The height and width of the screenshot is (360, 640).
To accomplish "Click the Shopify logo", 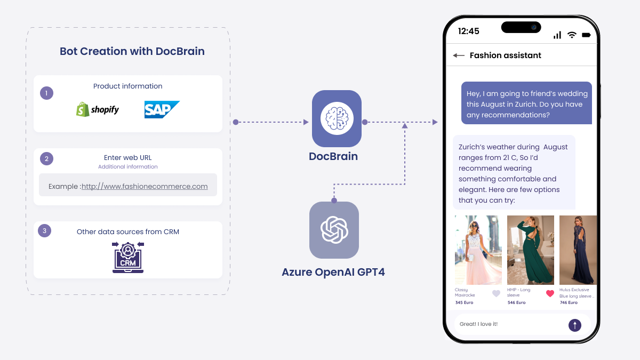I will pos(98,109).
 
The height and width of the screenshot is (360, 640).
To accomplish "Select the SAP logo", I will pos(162,109).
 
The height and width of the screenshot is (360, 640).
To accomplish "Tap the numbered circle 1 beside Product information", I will pos(46,93).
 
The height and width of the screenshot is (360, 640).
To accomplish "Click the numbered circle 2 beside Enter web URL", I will pos(46,158).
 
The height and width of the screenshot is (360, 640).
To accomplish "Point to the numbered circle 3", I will pos(45,231).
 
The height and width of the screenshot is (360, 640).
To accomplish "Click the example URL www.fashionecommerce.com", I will pos(145,186).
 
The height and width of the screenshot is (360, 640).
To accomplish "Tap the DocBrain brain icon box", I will pos(337,118).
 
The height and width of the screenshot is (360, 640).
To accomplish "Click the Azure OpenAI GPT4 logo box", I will pos(334,230).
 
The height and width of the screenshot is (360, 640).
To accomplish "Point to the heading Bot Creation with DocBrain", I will pos(132,51).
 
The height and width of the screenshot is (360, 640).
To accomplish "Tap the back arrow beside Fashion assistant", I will pos(459,55).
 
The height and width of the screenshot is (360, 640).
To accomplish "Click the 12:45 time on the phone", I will pos(468,31).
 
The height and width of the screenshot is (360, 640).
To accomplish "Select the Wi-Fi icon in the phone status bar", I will pos(572,35).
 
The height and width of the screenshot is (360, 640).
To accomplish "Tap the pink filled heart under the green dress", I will pos(550,293).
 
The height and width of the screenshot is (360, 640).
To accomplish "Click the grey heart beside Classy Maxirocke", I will pos(496,293).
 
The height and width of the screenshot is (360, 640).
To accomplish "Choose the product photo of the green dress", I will pos(530,250).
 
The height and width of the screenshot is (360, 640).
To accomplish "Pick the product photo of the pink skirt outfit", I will pos(478,250).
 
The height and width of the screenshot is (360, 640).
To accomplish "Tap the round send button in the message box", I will pos(575,325).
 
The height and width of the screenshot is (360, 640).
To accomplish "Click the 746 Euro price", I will pos(569,302).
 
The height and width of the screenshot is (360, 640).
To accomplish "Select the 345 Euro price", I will pos(464,302).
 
